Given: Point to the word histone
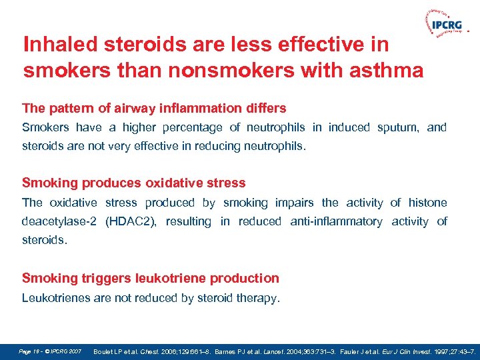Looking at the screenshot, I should coord(427,203).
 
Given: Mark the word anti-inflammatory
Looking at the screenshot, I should coord(336,221).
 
